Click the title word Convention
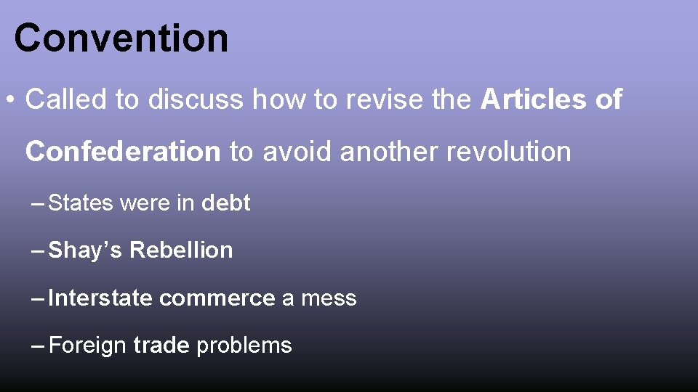point(121,38)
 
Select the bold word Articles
point(532,99)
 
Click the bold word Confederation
point(122,152)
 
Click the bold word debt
point(225,203)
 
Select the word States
point(81,203)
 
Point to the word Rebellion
point(181,250)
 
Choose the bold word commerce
point(217,298)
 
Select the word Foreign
point(87,346)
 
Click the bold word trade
point(161,346)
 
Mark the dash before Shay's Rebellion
point(39,250)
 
